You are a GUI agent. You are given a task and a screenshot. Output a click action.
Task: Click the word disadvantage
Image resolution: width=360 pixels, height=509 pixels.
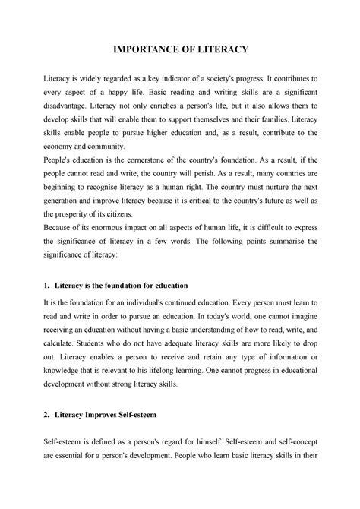coord(75,119)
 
